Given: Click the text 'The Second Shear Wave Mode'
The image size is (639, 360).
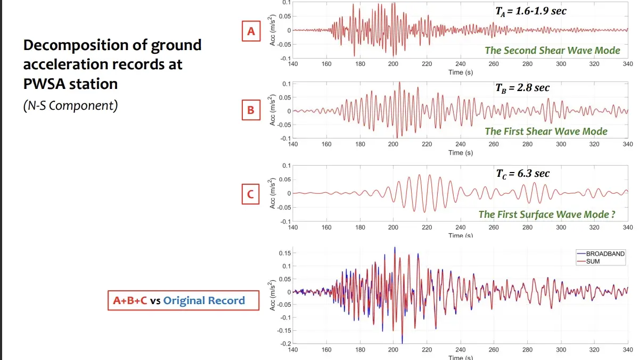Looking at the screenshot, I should click(552, 51).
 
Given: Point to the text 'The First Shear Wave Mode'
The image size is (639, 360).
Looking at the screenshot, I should click(546, 131).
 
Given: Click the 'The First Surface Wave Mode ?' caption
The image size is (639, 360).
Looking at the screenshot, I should click(547, 214).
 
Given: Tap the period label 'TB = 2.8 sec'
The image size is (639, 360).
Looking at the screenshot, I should click(522, 88).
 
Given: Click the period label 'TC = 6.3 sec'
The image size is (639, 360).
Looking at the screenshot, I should click(522, 173).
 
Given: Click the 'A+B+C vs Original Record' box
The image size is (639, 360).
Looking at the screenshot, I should click(179, 300).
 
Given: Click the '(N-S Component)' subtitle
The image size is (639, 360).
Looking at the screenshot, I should click(70, 105).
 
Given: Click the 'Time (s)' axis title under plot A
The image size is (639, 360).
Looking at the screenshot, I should click(461, 72).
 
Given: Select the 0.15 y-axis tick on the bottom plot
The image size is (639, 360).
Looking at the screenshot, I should click(283, 253).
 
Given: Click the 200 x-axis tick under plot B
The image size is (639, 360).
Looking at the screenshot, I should click(394, 144).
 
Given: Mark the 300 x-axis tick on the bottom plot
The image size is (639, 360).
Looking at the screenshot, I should click(561, 349).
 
